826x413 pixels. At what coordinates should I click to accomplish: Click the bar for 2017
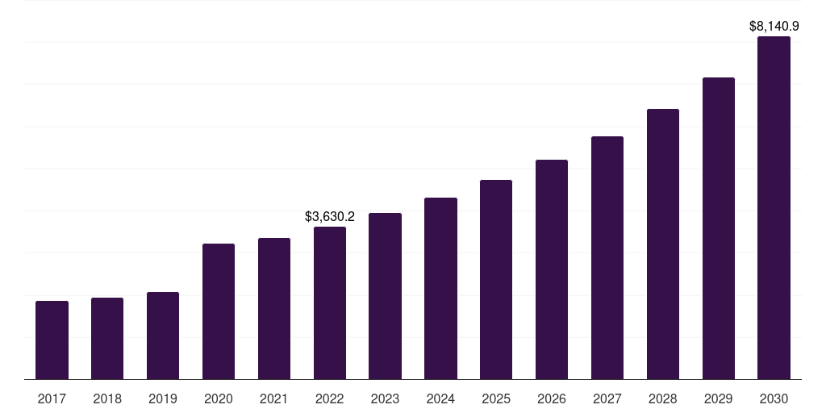[x=52, y=340]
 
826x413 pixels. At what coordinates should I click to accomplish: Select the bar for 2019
[x=163, y=336]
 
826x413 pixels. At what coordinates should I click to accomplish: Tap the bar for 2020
[x=219, y=311]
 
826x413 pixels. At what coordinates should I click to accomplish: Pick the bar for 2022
[x=330, y=302]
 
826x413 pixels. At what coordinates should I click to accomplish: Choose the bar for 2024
[x=440, y=288]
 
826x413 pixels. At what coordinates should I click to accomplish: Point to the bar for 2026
[x=552, y=269]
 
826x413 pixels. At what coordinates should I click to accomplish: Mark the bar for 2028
[x=663, y=244]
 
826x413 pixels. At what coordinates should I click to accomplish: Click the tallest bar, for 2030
[x=774, y=207]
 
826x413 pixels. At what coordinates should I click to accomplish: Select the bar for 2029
[x=719, y=228]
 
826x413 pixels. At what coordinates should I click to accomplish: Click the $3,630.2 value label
[x=330, y=216]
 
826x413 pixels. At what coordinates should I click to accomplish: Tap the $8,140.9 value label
[x=774, y=27]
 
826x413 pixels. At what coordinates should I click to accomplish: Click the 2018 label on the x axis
[x=107, y=398]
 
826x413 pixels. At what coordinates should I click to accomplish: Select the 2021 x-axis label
[x=274, y=398]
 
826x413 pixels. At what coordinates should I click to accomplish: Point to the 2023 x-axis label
[x=385, y=398]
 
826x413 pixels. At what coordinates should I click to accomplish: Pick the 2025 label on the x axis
[x=496, y=398]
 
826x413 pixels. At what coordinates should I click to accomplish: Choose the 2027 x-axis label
[x=607, y=398]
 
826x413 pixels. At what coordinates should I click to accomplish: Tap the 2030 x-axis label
[x=774, y=398]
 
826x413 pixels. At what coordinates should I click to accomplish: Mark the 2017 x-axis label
[x=52, y=398]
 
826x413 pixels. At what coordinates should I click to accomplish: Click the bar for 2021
[x=274, y=308]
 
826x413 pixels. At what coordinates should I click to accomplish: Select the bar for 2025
[x=496, y=279]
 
